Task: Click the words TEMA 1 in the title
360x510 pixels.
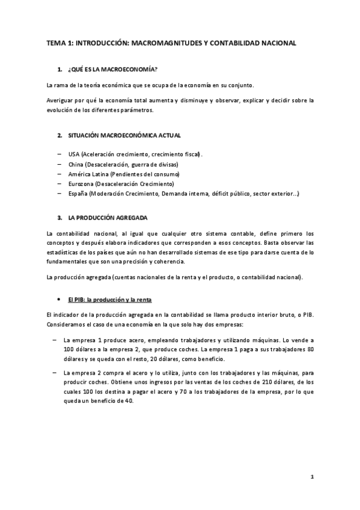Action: [60, 43]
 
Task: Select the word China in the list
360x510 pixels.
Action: [77, 164]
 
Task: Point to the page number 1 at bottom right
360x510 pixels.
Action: [313, 478]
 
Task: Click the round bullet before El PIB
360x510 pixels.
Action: [58, 299]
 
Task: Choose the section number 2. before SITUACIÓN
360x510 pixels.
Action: [60, 136]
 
